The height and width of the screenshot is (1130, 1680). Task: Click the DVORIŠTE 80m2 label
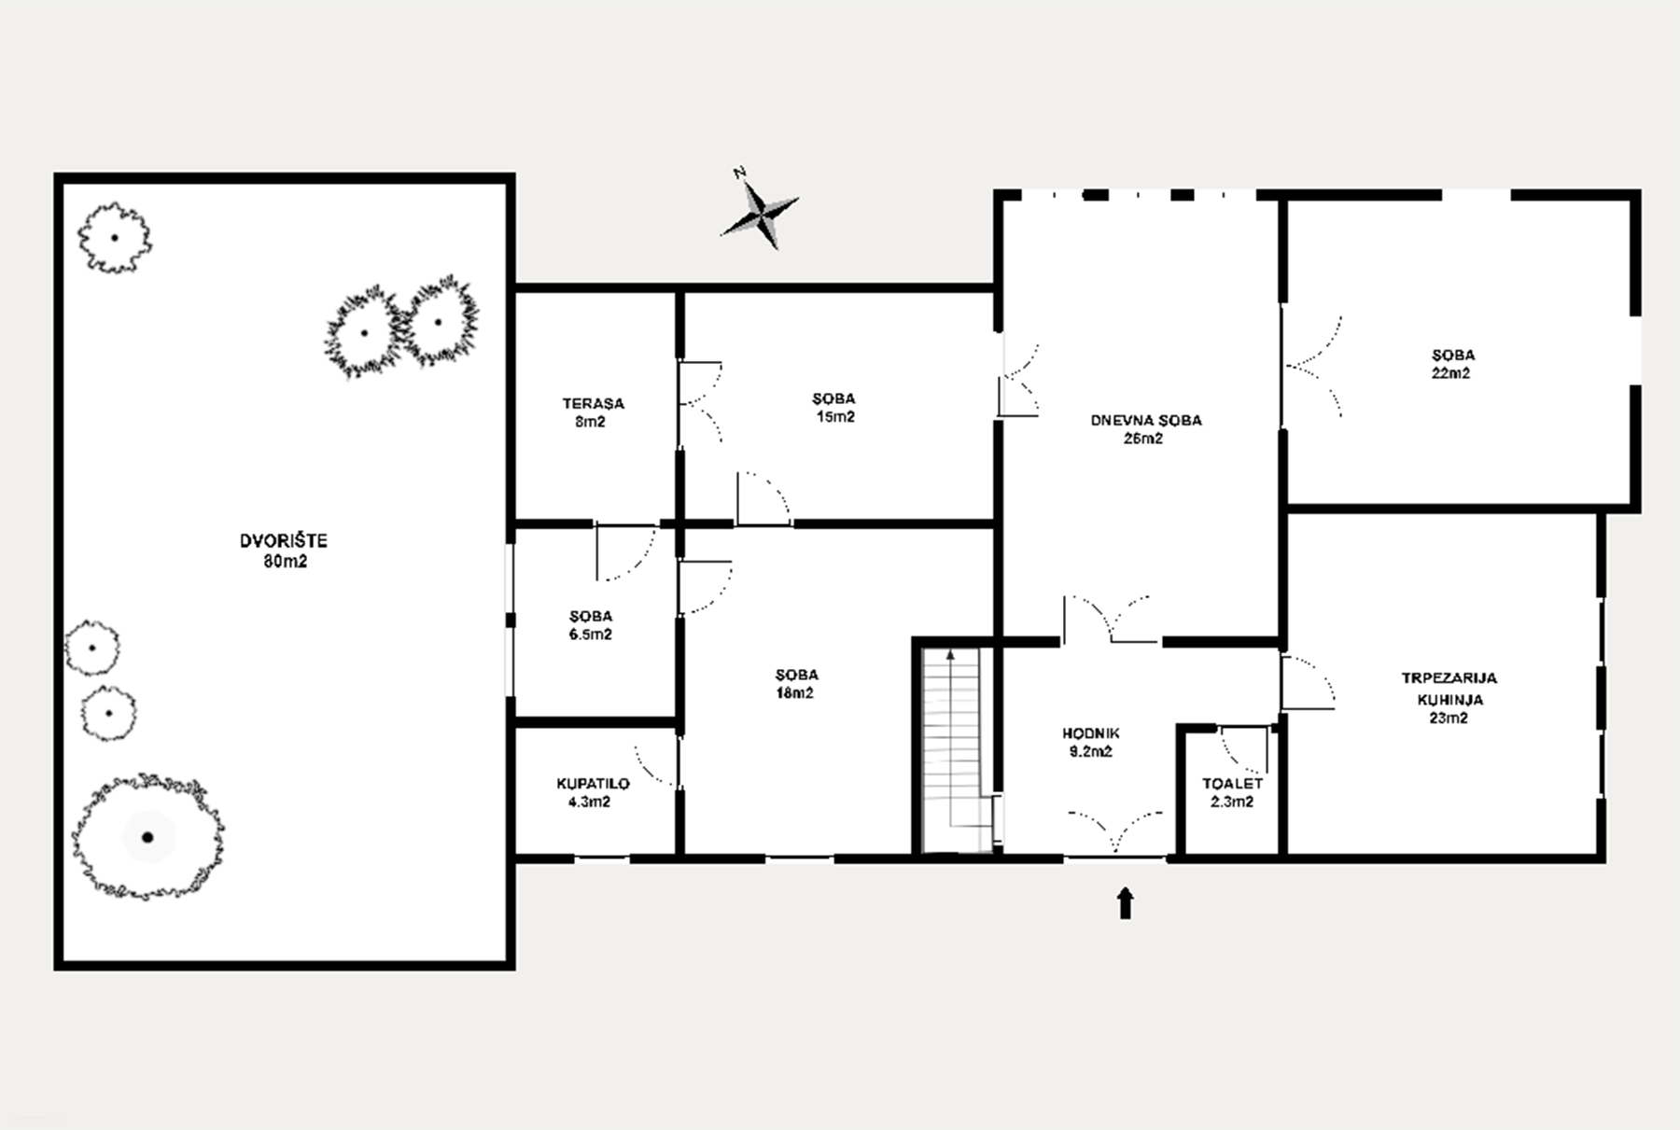(285, 551)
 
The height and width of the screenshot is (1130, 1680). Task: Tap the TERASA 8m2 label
(593, 412)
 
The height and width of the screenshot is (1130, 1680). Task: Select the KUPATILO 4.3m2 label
(593, 792)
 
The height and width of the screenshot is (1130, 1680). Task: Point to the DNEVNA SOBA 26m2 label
(1146, 429)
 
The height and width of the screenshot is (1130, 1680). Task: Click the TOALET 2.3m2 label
(1232, 792)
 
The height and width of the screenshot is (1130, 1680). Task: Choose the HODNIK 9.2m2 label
(1090, 742)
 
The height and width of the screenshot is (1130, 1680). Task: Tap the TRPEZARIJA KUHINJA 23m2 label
(1449, 698)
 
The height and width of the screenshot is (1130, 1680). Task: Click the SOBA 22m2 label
(1453, 364)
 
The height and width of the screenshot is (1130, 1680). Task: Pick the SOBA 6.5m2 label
(591, 625)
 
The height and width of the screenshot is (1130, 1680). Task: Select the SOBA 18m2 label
(796, 684)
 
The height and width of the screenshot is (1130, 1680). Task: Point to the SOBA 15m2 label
(833, 408)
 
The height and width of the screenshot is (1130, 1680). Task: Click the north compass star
(761, 214)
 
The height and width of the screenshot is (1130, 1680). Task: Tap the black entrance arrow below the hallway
(1126, 902)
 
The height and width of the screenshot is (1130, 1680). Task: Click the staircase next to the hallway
(953, 750)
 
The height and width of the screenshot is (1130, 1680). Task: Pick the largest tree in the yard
(147, 836)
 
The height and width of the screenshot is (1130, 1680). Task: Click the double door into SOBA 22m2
(1313, 366)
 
